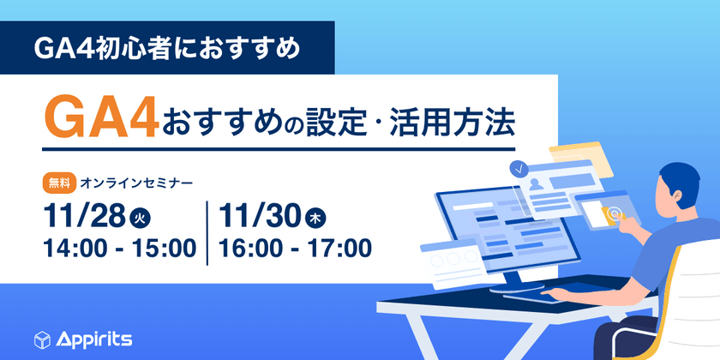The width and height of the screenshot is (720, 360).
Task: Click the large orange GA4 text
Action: click(101, 117)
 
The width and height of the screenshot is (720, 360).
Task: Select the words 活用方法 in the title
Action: click(462, 122)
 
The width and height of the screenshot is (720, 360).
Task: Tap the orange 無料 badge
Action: click(57, 182)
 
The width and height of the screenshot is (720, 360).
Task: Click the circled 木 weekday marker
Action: click(316, 219)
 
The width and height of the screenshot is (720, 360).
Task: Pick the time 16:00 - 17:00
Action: click(294, 249)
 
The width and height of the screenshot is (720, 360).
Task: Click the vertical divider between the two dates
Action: click(207, 231)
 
